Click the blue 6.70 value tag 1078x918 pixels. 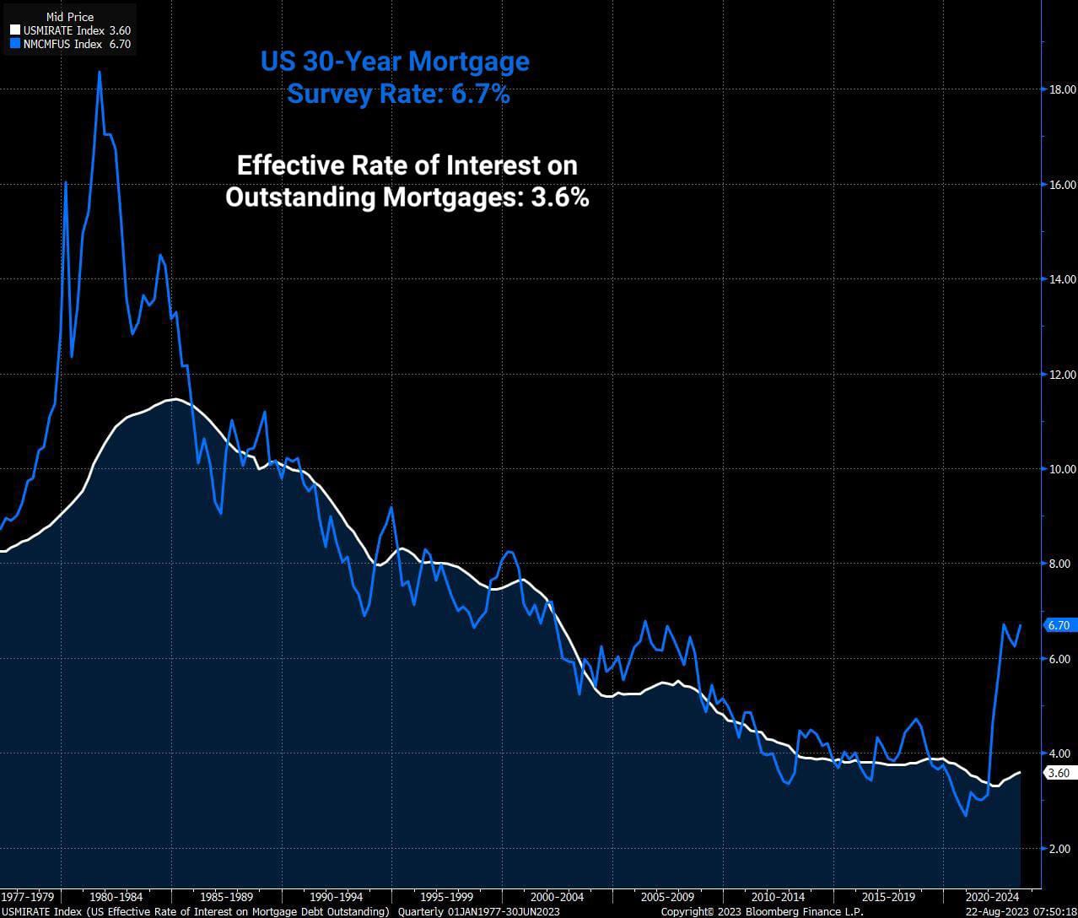point(1058,625)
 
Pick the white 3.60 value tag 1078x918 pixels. point(1058,773)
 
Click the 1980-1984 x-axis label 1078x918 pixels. point(116,896)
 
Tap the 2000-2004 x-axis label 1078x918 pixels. point(557,896)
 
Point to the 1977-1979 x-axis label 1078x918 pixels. point(28,896)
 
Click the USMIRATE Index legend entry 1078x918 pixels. point(71,30)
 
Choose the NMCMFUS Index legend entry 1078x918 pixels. point(71,44)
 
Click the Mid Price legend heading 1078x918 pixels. point(70,17)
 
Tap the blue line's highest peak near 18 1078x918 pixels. point(100,73)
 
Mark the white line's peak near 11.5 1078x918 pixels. point(175,399)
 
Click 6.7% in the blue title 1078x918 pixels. point(480,94)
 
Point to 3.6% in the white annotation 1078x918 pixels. point(559,197)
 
